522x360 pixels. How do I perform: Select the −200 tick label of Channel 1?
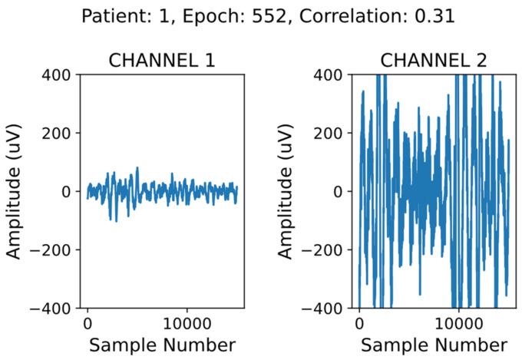point(54,250)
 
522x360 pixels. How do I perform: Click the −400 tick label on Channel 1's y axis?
point(54,309)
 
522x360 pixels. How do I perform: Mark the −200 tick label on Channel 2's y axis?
point(325,250)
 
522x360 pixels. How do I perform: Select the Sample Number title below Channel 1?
point(162,345)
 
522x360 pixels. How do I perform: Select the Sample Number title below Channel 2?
point(434,345)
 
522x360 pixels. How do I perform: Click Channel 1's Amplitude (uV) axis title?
point(17,191)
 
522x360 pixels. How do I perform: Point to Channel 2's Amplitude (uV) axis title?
point(289,191)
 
